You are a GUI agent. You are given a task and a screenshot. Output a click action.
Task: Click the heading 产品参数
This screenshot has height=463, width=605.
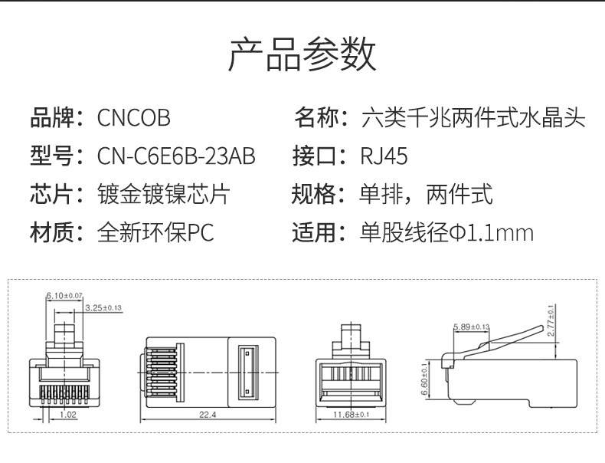pos(302,55)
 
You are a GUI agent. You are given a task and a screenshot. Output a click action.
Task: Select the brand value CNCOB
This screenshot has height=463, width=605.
pos(133,118)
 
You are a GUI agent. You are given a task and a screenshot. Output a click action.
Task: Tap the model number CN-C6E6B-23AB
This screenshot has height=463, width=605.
pos(176,156)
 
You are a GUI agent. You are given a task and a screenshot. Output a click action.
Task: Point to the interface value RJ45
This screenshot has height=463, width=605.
pos(384,156)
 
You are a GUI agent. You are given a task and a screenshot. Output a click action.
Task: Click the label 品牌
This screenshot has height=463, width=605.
pos(51,118)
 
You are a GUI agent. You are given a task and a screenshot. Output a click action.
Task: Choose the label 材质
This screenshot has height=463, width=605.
pos(51,232)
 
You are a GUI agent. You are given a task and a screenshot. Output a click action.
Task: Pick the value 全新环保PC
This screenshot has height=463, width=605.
pos(156,232)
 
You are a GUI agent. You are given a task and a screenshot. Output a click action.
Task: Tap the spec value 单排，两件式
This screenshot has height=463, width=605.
pos(426,194)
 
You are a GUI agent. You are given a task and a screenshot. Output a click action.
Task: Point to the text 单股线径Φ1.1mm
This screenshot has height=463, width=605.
pos(446,232)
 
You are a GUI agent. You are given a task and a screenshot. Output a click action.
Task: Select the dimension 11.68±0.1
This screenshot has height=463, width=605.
pos(353,415)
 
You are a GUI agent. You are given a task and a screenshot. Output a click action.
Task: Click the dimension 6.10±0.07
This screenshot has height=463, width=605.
pos(64,295)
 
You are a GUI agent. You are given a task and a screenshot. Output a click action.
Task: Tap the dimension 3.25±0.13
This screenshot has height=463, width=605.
pos(103,307)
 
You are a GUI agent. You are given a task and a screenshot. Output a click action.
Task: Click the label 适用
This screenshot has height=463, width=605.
pos(314,232)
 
